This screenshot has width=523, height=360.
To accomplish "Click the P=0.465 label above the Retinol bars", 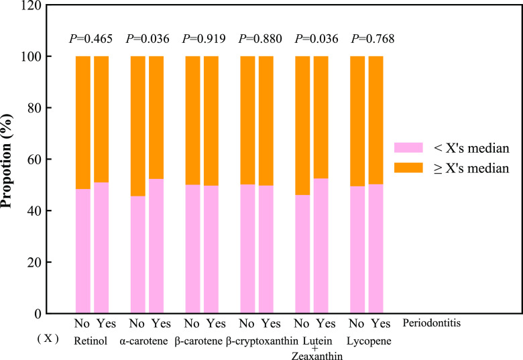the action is (x=91, y=39).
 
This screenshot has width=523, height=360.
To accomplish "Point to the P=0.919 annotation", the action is (x=204, y=39).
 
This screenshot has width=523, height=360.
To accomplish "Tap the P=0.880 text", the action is (x=260, y=39).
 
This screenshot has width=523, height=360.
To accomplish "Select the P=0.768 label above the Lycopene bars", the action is (x=373, y=39).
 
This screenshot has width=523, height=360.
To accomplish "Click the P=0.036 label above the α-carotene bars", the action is (x=148, y=39).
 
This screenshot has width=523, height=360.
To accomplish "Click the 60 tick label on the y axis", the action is (x=34, y=159).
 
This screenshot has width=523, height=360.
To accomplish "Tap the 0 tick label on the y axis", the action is (x=38, y=314).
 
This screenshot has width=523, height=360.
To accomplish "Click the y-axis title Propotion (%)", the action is (x=7, y=161).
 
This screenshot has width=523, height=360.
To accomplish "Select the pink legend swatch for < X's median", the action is (x=408, y=147).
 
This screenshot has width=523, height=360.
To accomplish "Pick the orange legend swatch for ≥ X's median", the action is (x=408, y=168).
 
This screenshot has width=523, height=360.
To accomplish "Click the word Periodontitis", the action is (x=432, y=322).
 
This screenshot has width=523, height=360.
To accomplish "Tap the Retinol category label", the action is (x=91, y=341).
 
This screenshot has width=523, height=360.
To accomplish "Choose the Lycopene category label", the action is (x=369, y=341).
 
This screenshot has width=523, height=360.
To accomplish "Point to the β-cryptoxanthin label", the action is (x=262, y=341).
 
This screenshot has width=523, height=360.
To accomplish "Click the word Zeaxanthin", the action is (x=317, y=356).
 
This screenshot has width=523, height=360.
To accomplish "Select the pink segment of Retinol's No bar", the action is (x=83, y=251).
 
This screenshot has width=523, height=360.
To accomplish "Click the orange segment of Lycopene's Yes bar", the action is (x=376, y=120).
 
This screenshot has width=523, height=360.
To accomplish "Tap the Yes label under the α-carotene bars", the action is (x=161, y=323).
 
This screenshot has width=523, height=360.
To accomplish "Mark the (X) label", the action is (x=48, y=339).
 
